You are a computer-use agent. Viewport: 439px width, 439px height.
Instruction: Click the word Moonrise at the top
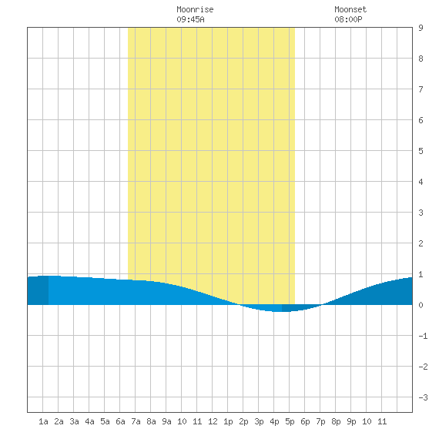point(195,9)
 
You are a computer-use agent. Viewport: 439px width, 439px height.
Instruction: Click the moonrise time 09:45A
point(190,19)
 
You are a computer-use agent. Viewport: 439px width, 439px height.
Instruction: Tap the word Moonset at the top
point(350,9)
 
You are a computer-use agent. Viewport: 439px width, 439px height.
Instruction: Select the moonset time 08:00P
point(348,19)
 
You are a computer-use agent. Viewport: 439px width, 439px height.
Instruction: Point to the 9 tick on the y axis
point(421,28)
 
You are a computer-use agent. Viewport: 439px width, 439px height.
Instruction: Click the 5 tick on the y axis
point(421,151)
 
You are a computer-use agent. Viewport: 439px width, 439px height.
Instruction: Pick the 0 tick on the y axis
point(421,305)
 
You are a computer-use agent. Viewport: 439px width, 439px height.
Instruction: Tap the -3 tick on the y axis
point(423,397)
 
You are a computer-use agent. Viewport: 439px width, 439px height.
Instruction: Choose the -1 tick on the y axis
point(423,336)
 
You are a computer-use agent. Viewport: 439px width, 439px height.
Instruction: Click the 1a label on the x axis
point(43,421)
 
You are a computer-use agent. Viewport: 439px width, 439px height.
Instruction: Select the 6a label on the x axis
point(120,421)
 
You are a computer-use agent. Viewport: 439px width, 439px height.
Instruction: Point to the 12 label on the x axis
point(213,421)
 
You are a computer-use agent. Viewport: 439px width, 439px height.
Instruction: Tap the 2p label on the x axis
point(243,421)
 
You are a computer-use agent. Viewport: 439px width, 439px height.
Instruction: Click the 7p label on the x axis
point(320,421)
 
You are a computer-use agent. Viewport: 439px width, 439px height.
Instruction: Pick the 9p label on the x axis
point(351,421)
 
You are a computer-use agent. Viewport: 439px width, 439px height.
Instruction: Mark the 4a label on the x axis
point(89,421)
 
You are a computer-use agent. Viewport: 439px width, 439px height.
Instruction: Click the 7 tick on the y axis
point(421,89)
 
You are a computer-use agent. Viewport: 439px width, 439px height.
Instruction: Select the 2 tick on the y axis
point(421,243)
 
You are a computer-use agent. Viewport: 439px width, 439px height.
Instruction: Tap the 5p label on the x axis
point(290,421)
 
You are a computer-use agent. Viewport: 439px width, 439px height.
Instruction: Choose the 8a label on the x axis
point(151,421)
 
